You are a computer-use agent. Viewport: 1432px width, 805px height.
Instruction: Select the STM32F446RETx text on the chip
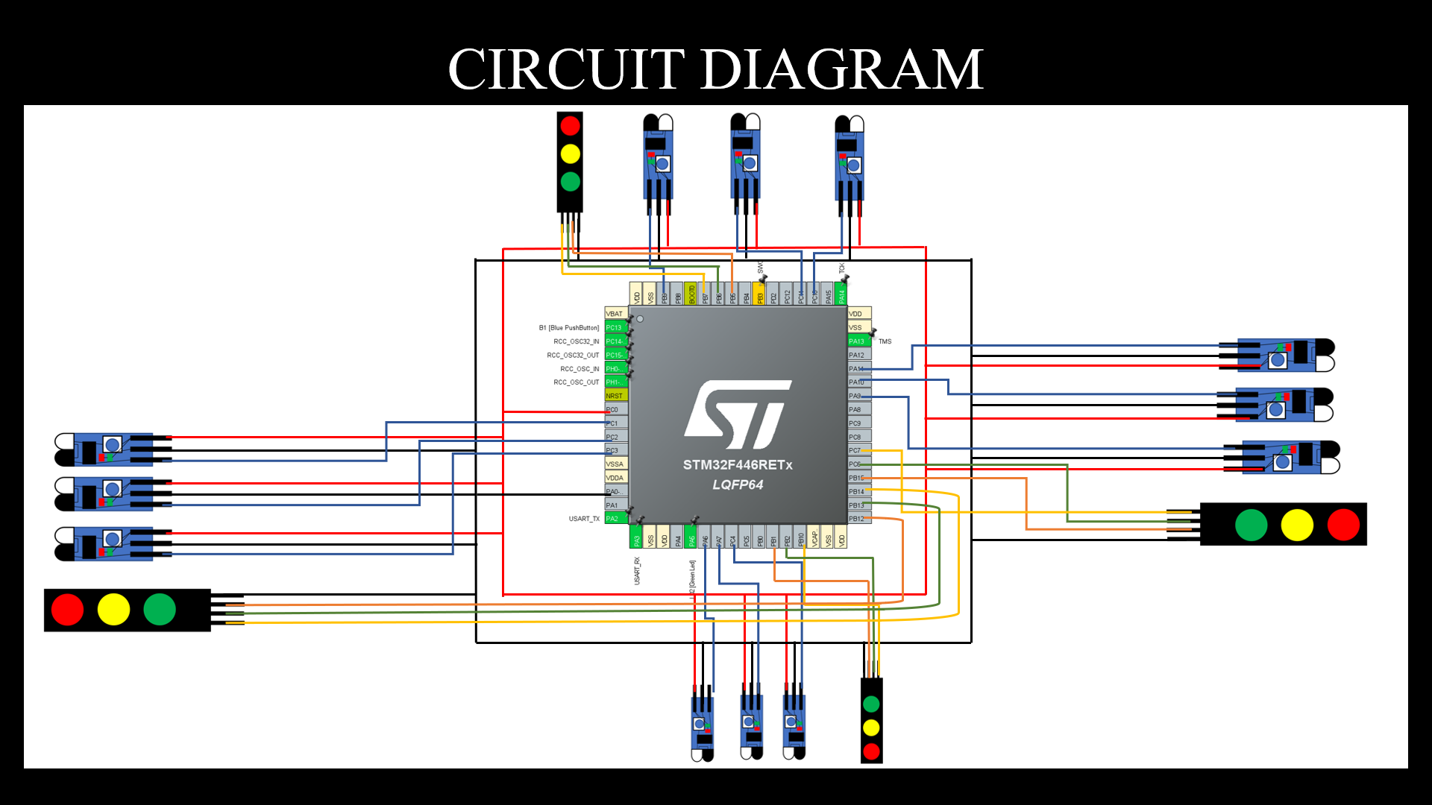(x=737, y=465)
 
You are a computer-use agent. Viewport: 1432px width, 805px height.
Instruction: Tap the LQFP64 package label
(x=737, y=484)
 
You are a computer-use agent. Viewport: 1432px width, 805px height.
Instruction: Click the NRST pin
(x=615, y=396)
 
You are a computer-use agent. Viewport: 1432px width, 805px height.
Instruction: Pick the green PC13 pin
(x=615, y=328)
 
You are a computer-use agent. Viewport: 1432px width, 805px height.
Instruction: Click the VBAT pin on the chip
(x=615, y=314)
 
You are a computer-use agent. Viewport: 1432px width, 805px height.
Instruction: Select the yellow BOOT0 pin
(x=691, y=294)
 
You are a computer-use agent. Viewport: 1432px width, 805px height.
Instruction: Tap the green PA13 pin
(x=858, y=341)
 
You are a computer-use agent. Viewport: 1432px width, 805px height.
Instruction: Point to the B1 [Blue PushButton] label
(x=568, y=328)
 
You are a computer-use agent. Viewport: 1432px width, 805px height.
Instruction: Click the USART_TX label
(x=583, y=519)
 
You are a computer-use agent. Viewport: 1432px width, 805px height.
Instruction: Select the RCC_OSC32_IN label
(x=576, y=341)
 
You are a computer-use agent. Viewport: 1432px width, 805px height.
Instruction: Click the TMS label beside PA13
(x=885, y=341)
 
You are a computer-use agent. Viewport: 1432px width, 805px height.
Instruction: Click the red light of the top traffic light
(x=570, y=125)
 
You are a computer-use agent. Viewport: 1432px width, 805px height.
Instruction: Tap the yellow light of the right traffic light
(x=1297, y=525)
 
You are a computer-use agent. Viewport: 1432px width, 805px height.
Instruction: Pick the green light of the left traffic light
(x=159, y=610)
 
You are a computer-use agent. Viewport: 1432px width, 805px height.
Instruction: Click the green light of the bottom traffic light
(x=871, y=704)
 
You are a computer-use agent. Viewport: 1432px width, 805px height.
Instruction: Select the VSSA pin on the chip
(x=615, y=464)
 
